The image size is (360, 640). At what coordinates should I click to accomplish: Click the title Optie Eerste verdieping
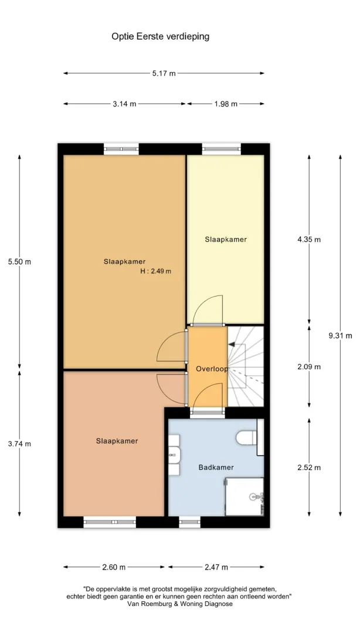click(161, 37)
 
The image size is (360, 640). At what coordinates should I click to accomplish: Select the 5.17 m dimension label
click(164, 73)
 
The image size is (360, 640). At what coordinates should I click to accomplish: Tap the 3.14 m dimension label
click(124, 104)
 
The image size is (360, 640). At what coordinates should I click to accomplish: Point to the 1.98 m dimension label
click(225, 104)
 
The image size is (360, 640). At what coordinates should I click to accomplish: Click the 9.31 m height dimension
click(340, 336)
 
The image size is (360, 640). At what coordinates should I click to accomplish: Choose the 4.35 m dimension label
click(309, 240)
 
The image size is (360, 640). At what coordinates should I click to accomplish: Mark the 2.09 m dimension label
click(309, 366)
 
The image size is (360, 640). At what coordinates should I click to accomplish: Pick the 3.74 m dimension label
click(19, 444)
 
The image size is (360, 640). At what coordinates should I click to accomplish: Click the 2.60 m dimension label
click(114, 567)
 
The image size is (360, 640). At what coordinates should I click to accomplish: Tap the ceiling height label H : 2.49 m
click(155, 271)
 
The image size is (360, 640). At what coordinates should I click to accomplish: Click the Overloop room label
click(212, 369)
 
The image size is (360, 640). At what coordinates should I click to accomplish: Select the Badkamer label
click(216, 468)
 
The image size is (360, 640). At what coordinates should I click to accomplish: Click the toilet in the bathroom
click(247, 437)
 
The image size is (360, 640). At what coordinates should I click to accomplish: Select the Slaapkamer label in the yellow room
click(226, 240)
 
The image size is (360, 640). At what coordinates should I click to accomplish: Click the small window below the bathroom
click(190, 522)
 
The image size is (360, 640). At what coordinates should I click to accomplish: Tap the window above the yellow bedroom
click(221, 149)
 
